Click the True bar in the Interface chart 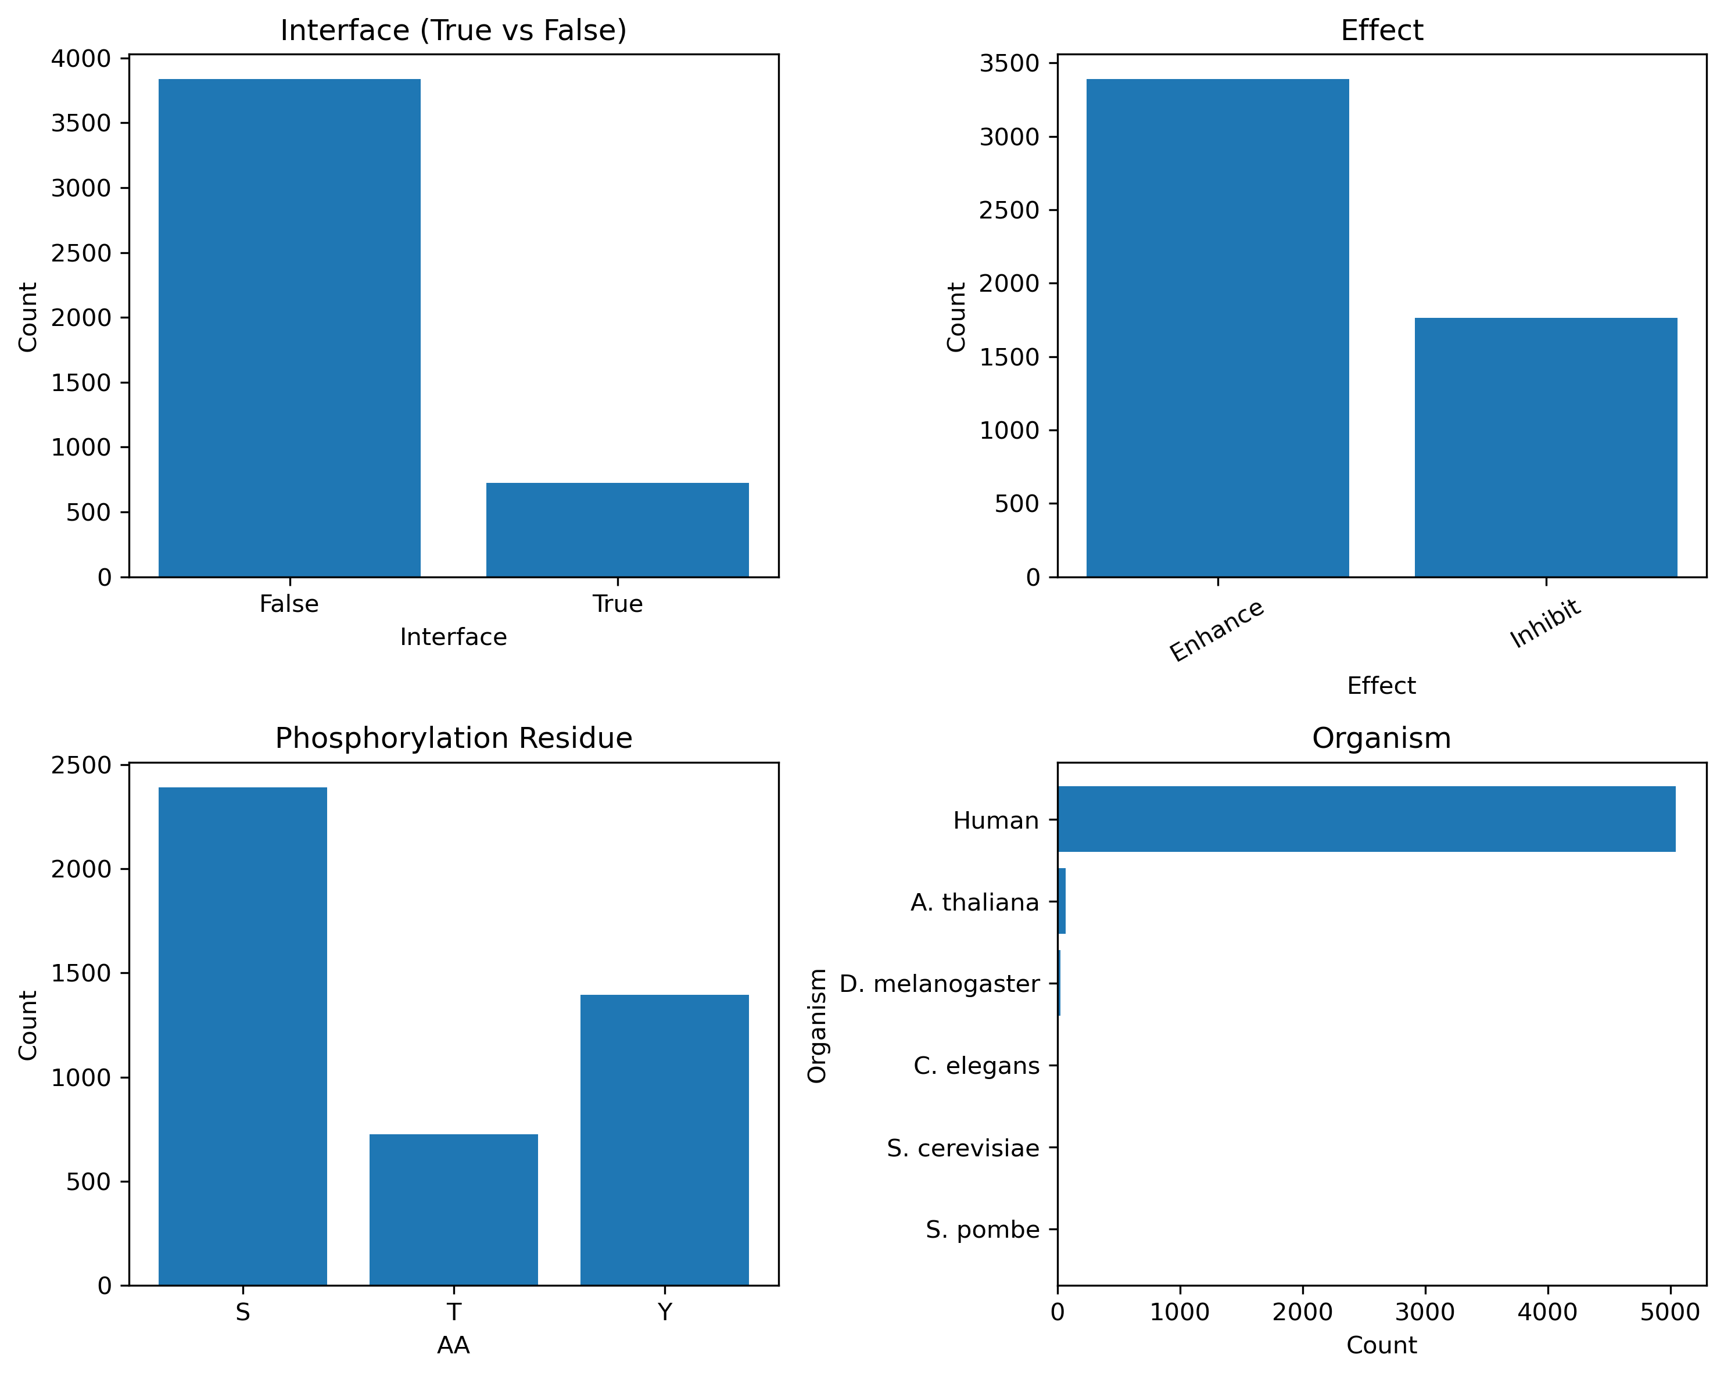[x=617, y=529]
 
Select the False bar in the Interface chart [x=289, y=328]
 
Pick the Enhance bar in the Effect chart [x=1217, y=328]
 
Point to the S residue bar [x=242, y=1035]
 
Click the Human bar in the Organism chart [x=1365, y=819]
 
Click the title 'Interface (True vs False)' [x=453, y=30]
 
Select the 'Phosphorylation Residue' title [x=453, y=738]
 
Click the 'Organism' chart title [x=1381, y=738]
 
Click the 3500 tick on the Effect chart [x=1009, y=63]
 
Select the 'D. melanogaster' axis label [x=939, y=983]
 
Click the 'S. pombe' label [x=982, y=1229]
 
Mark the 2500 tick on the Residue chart [x=81, y=766]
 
